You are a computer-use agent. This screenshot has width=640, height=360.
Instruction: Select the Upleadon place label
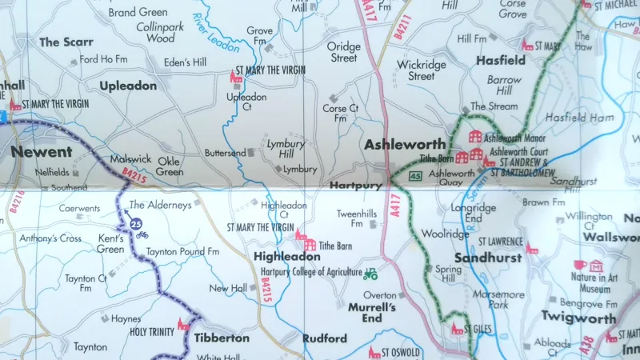pos(128,86)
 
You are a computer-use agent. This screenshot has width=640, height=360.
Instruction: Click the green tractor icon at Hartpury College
pos(370,274)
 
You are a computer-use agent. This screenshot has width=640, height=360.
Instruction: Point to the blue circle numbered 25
pos(137,224)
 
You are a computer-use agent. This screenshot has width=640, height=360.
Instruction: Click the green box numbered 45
pos(414,175)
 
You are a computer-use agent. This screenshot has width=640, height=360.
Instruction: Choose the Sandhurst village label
pos(488,258)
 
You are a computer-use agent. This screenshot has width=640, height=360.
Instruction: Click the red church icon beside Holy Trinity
pos(183,324)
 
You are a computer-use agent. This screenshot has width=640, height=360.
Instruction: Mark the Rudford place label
pos(325,338)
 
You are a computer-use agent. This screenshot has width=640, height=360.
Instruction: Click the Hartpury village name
pos(353,186)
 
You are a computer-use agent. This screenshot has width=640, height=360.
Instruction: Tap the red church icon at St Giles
pos(457,328)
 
